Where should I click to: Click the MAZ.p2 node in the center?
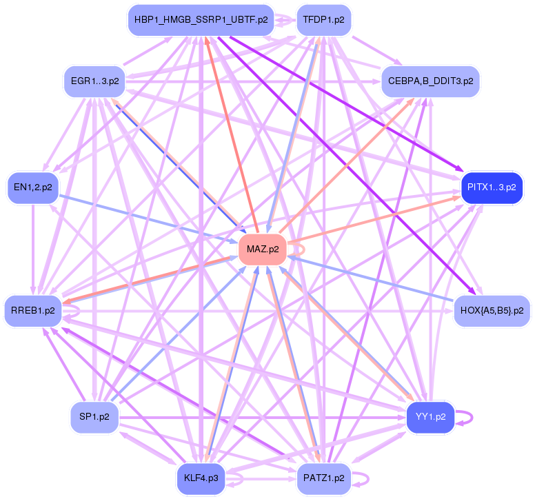click(263, 250)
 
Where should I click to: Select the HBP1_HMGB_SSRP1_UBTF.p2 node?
click(201, 20)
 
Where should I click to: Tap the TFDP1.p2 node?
click(324, 20)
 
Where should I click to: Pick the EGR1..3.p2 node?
click(95, 81)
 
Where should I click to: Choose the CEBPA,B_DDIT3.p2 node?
click(431, 81)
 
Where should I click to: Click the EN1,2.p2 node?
click(33, 187)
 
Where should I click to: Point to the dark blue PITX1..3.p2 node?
click(492, 187)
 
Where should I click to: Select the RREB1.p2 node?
click(33, 311)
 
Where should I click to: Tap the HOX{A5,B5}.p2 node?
click(492, 311)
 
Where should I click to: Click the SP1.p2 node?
click(94, 417)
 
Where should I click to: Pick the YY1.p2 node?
click(431, 417)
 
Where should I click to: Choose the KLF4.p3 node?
click(201, 478)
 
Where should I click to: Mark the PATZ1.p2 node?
click(324, 478)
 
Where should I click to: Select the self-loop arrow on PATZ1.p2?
click(368, 478)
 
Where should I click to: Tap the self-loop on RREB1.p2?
click(79, 311)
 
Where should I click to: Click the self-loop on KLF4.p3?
click(242, 478)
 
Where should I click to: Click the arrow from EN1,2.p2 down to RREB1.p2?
click(33, 249)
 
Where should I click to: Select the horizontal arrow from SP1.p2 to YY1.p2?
click(263, 417)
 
